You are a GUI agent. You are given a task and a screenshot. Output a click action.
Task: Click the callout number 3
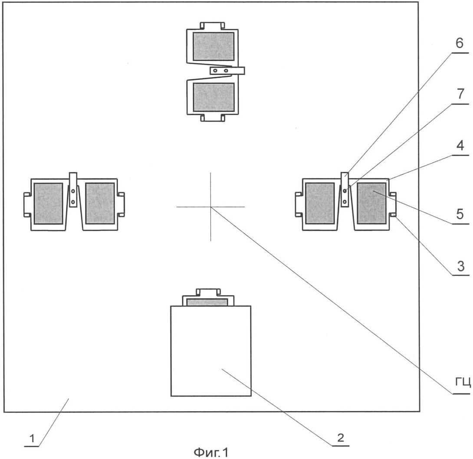pyautogui.click(x=459, y=266)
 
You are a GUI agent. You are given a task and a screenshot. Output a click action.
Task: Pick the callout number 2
pyautogui.click(x=341, y=437)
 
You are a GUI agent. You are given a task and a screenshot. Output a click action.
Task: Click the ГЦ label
pyautogui.click(x=463, y=382)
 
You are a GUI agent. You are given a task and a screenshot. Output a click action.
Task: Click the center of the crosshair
pyautogui.click(x=211, y=207)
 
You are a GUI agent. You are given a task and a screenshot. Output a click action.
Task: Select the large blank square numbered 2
pyautogui.click(x=211, y=351)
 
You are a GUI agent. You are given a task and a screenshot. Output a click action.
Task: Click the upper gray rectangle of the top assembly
pyautogui.click(x=214, y=46)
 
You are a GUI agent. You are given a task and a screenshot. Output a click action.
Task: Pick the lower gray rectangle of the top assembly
pyautogui.click(x=214, y=97)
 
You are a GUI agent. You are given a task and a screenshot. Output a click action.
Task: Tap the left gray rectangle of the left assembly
pyautogui.click(x=48, y=203)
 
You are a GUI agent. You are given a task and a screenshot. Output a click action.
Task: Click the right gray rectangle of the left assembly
pyautogui.click(x=100, y=203)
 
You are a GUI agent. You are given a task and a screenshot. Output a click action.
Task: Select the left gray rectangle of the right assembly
pyautogui.click(x=320, y=203)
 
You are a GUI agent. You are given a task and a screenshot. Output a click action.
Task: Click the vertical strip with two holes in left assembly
pyautogui.click(x=73, y=190)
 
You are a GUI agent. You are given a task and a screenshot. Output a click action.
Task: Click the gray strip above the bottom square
pyautogui.click(x=207, y=302)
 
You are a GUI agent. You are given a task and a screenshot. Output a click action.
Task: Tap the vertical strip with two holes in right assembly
pyautogui.click(x=345, y=190)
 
